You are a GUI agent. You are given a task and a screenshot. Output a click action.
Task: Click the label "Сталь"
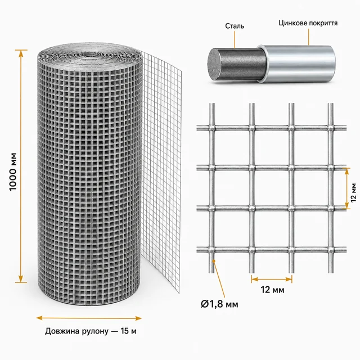235,26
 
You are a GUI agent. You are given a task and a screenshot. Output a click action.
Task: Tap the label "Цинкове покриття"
308,23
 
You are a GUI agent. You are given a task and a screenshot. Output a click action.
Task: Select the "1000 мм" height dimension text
13,172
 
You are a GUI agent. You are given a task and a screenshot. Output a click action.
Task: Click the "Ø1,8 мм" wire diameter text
219,304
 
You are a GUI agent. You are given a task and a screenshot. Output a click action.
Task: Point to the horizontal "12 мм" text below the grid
272,290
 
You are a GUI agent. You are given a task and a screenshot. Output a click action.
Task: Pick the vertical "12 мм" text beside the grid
354,192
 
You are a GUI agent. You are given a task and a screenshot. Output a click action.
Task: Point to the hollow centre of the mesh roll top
91,55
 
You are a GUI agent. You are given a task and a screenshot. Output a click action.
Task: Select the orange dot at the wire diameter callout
214,261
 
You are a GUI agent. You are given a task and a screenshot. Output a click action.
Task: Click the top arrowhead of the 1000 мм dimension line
21,53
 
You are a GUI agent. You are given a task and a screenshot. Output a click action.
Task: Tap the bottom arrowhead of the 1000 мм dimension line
21,279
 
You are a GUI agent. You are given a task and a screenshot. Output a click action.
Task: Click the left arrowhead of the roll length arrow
39,318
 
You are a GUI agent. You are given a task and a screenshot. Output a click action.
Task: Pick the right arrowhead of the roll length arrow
138,318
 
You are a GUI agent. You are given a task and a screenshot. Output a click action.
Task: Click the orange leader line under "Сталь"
235,39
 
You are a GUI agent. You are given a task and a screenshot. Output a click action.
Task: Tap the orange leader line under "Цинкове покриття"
308,37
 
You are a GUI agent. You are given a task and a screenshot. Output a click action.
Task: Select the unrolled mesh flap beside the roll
161,170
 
